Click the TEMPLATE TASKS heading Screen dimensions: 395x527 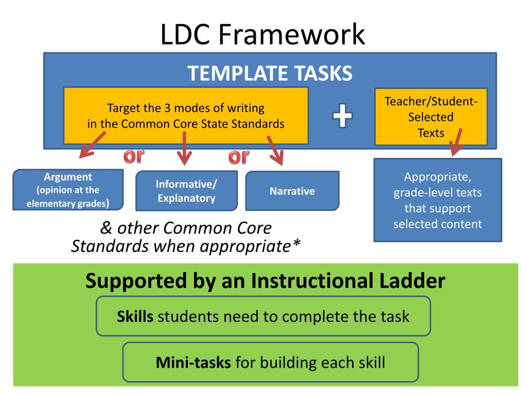coord(270,74)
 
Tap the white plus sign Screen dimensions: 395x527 coord(342,115)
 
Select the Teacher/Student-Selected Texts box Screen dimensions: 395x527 coord(431,117)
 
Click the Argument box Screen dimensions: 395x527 coord(68,190)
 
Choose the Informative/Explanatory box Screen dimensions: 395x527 coord(186,191)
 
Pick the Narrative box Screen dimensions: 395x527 coord(292,191)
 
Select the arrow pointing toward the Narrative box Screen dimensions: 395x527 coord(275,150)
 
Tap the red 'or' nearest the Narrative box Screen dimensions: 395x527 coord(238,156)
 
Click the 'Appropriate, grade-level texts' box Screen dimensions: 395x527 coord(437,200)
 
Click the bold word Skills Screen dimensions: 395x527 coord(135,316)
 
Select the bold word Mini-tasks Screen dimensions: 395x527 coord(193,363)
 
